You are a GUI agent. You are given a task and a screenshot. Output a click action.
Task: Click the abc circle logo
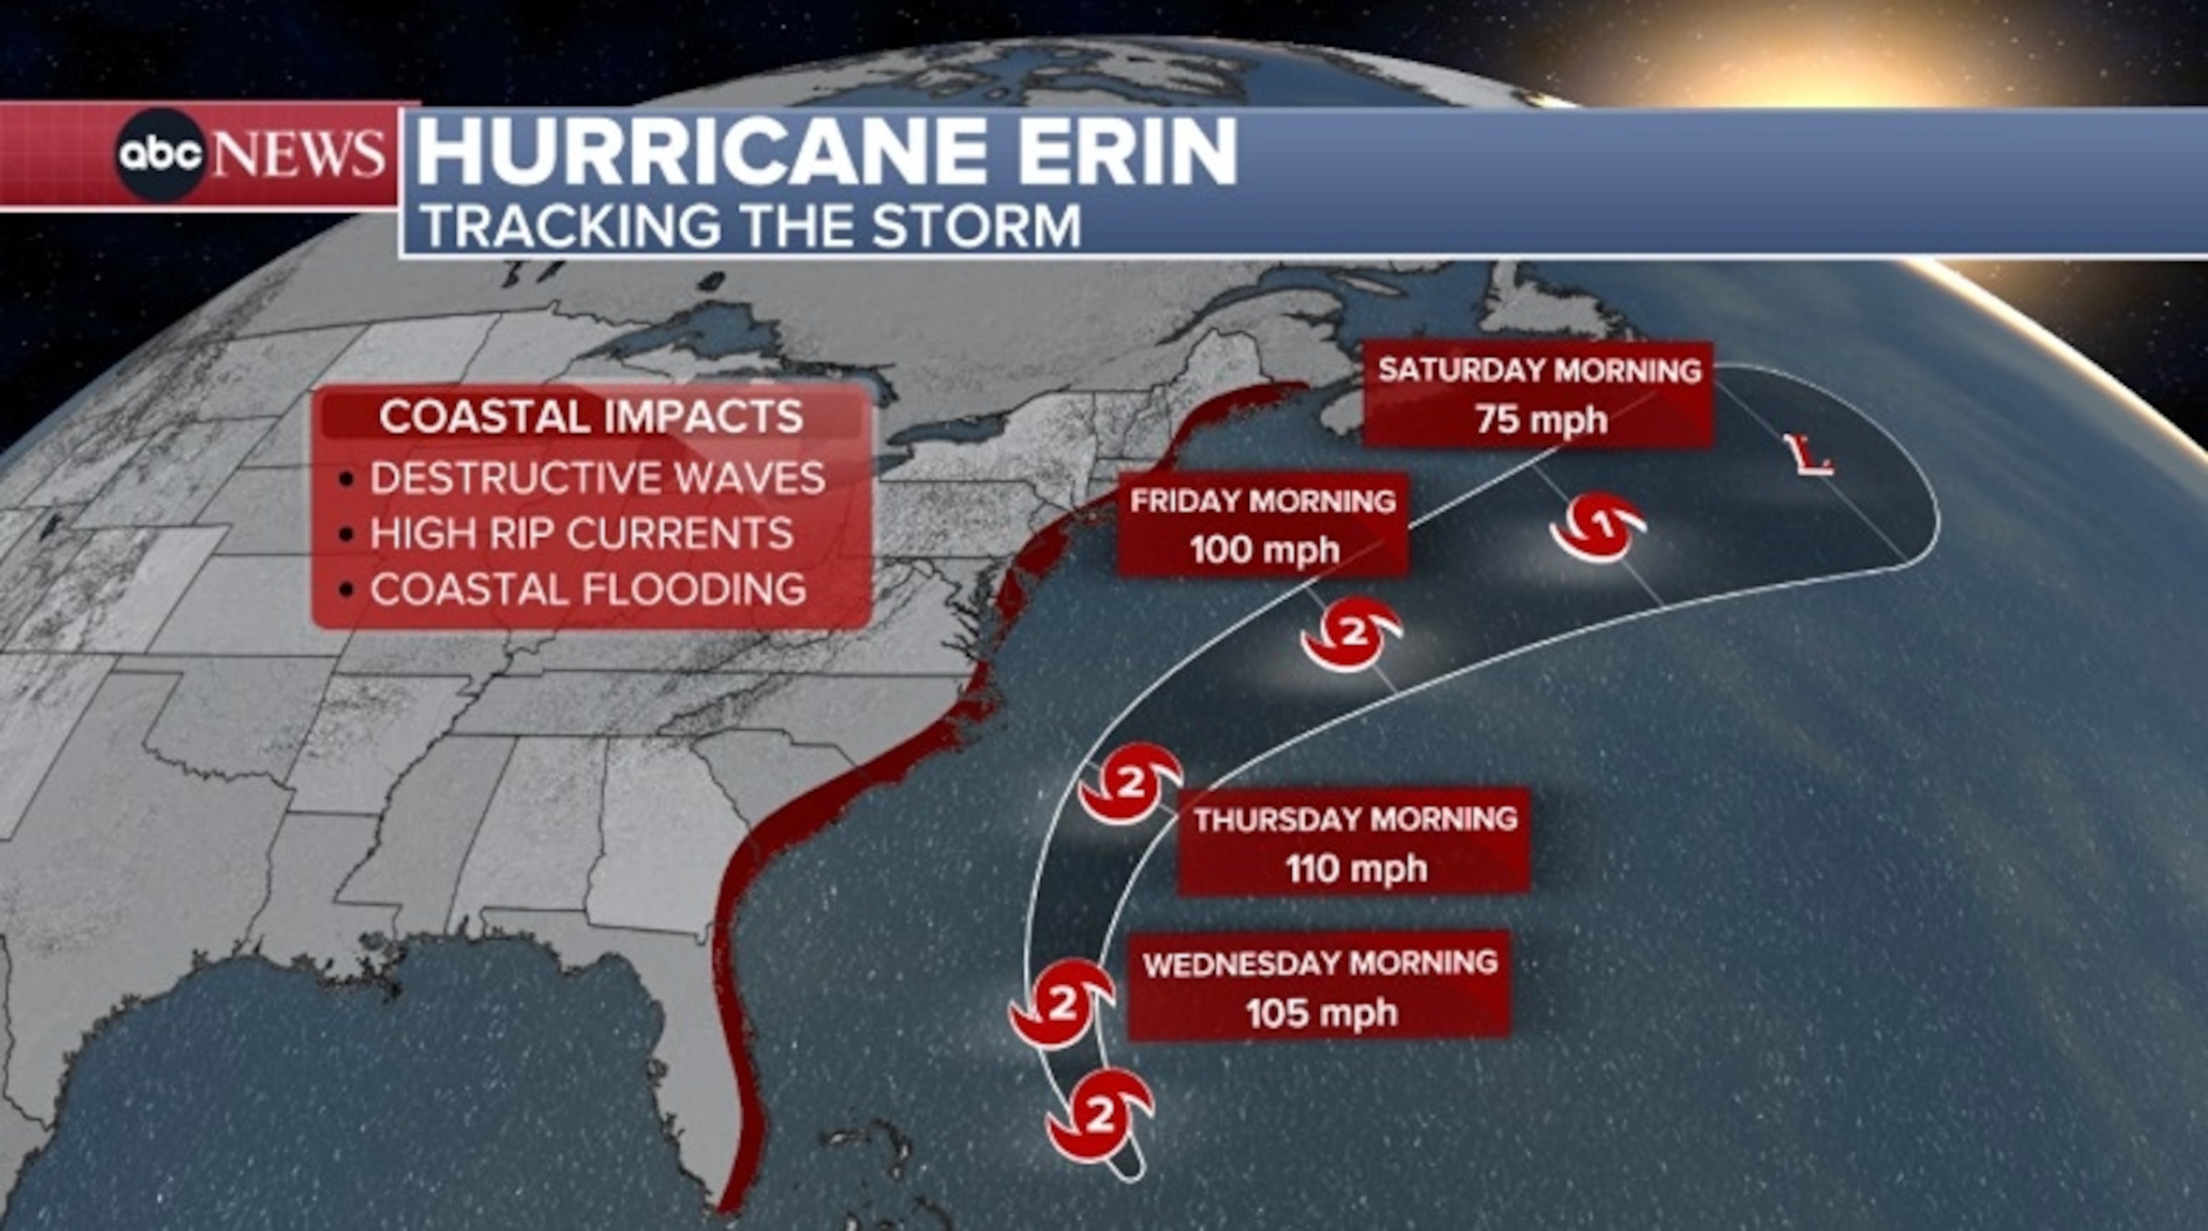click(160, 155)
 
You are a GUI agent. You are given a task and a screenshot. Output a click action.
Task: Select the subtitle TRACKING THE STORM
click(752, 226)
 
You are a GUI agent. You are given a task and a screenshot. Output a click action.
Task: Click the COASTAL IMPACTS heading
click(592, 417)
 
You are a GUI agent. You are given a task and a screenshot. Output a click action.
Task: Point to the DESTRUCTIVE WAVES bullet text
click(597, 477)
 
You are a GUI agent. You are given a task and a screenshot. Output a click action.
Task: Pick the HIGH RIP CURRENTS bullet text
click(581, 533)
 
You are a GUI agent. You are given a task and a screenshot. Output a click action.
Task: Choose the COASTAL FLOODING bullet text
click(588, 590)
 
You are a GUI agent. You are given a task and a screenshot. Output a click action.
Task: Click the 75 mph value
click(1540, 420)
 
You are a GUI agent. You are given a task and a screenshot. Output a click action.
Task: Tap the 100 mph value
click(1264, 550)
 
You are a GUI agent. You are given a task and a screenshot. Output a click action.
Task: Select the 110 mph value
click(1356, 868)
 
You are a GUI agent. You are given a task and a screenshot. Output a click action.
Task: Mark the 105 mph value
click(1321, 1013)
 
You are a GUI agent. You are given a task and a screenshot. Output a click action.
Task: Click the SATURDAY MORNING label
click(1540, 370)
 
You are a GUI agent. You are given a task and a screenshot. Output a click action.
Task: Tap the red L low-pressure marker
click(1807, 455)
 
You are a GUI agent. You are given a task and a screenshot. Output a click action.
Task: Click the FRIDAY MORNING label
click(1263, 501)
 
